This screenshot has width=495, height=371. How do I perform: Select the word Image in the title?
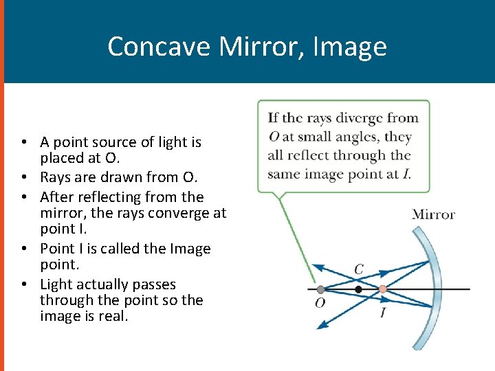(x=350, y=47)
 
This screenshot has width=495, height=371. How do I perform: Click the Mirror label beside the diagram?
(x=433, y=214)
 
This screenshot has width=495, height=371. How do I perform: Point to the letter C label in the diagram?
(x=358, y=269)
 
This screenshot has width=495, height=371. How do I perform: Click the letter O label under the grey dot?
(x=320, y=303)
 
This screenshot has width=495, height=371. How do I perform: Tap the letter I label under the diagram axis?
(x=383, y=313)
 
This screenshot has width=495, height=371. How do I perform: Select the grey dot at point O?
(x=320, y=289)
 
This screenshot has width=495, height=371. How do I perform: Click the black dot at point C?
(x=358, y=290)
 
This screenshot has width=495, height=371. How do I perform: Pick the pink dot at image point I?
(x=383, y=289)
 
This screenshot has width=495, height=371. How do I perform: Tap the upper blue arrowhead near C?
(x=317, y=266)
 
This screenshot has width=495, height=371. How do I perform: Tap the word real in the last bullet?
(x=113, y=317)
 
